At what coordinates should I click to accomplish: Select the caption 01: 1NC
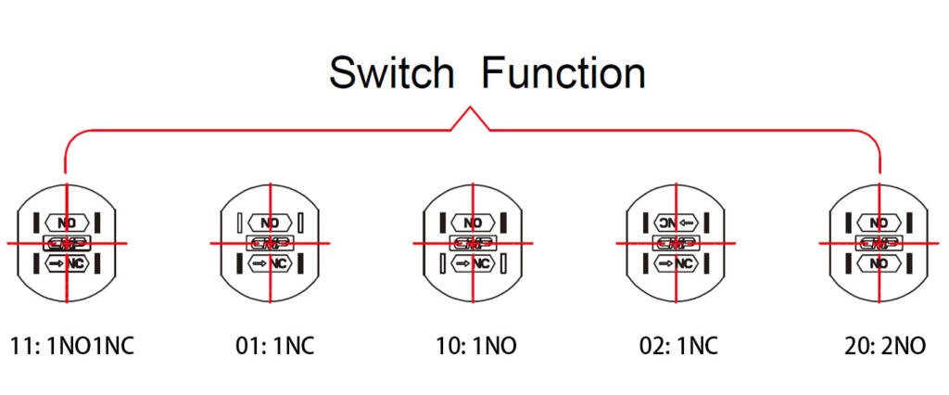(x=274, y=347)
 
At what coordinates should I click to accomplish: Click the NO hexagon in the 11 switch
(x=66, y=223)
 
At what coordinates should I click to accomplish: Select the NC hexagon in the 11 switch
(x=66, y=264)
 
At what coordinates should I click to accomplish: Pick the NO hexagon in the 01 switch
(x=270, y=223)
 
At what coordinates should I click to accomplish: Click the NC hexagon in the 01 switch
(x=270, y=264)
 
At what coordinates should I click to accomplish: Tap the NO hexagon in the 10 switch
(x=473, y=223)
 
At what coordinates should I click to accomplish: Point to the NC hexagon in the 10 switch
(x=473, y=264)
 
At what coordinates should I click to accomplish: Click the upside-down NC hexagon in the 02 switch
(x=676, y=223)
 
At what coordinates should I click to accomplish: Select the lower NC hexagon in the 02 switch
(x=676, y=264)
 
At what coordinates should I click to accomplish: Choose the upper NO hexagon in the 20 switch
(x=879, y=223)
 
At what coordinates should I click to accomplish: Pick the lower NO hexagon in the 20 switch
(x=879, y=264)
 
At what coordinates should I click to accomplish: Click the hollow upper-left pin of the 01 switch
(x=239, y=223)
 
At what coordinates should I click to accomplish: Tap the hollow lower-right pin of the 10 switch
(x=503, y=264)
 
